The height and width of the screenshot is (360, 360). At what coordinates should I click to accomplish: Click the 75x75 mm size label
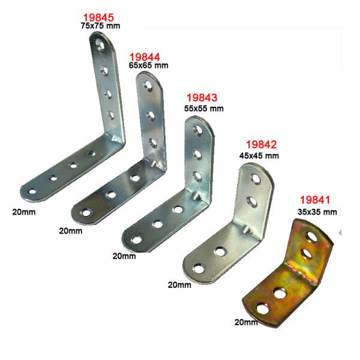point(100,26)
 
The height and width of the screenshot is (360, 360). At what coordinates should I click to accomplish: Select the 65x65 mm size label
point(148,66)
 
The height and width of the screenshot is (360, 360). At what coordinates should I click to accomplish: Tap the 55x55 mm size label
point(204,108)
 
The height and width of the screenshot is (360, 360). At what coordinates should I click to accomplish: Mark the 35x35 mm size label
point(317,212)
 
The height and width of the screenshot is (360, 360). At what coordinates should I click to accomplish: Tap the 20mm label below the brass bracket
point(246,322)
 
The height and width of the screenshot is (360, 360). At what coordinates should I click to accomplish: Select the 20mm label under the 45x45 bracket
point(179,284)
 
